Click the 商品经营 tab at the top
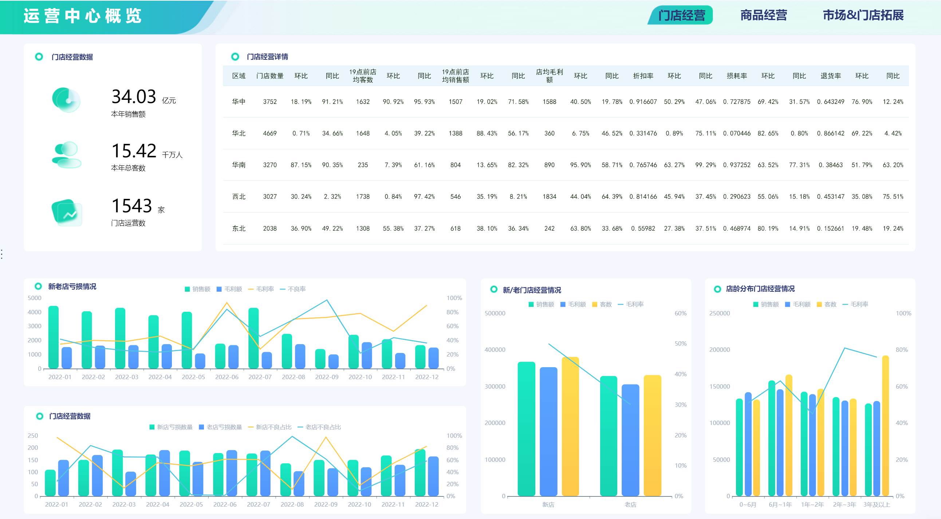pyautogui.click(x=763, y=15)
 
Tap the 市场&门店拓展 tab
pyautogui.click(x=863, y=15)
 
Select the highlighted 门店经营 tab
pyautogui.click(x=681, y=15)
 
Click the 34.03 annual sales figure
pyautogui.click(x=134, y=97)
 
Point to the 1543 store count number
pyautogui.click(x=131, y=206)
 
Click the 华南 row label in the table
pyautogui.click(x=239, y=165)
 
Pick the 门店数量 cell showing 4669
pyautogui.click(x=269, y=133)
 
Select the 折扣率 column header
pyautogui.click(x=643, y=76)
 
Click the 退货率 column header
pyautogui.click(x=830, y=76)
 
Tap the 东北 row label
pyautogui.click(x=239, y=228)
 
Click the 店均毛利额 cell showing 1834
pyautogui.click(x=549, y=197)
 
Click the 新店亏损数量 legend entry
pyautogui.click(x=171, y=427)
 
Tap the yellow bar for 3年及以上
pyautogui.click(x=885, y=425)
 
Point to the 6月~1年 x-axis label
pyautogui.click(x=780, y=504)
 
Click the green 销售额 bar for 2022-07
pyautogui.click(x=253, y=338)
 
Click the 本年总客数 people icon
pyautogui.click(x=67, y=155)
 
